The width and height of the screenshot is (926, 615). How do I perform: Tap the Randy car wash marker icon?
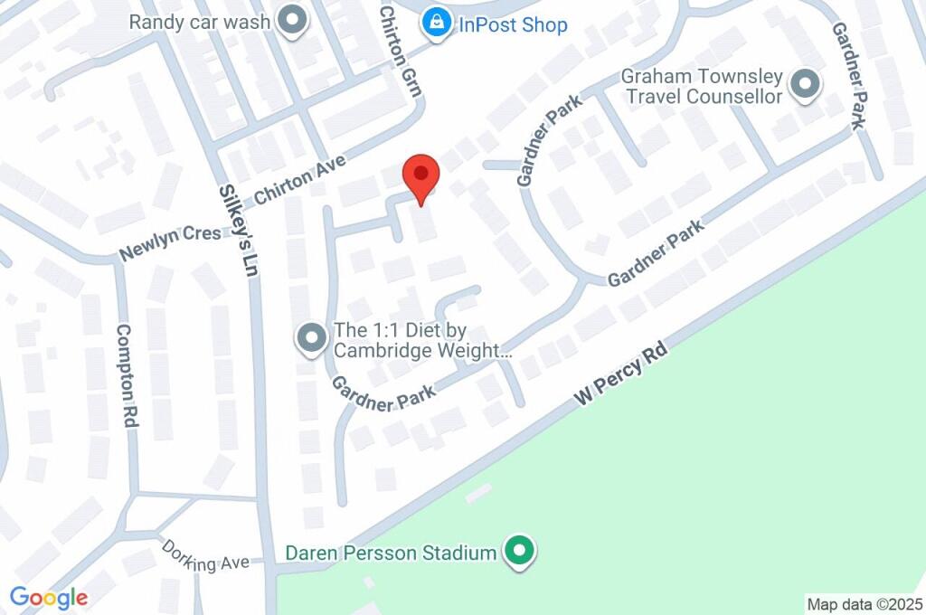(x=291, y=22)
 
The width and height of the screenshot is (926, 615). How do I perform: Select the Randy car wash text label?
(x=199, y=22)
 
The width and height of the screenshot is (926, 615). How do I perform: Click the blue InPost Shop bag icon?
(x=437, y=24)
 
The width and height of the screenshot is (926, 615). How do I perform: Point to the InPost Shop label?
(x=513, y=24)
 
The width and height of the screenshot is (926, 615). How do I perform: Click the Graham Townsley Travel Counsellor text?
(x=703, y=86)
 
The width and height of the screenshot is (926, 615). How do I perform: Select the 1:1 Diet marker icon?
(x=312, y=339)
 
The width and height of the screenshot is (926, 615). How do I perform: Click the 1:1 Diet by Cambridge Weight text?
(x=423, y=340)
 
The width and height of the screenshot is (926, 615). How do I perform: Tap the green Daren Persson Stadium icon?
(x=519, y=552)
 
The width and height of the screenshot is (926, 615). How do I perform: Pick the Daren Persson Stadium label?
(x=391, y=552)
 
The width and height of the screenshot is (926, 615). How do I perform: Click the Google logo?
(x=48, y=597)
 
